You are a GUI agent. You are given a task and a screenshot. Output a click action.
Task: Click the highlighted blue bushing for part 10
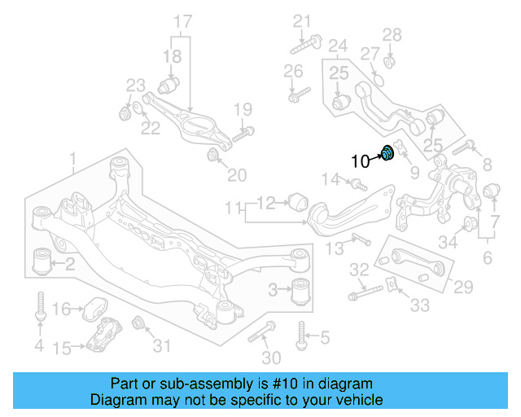point(388,152)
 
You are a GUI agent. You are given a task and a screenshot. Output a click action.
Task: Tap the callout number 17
point(183,20)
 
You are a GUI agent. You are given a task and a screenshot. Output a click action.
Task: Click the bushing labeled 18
point(170,85)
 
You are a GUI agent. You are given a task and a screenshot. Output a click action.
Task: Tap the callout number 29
point(463,286)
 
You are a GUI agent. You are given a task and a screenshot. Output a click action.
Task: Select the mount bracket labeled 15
point(103,337)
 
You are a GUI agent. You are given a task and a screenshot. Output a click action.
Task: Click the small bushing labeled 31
point(138,323)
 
